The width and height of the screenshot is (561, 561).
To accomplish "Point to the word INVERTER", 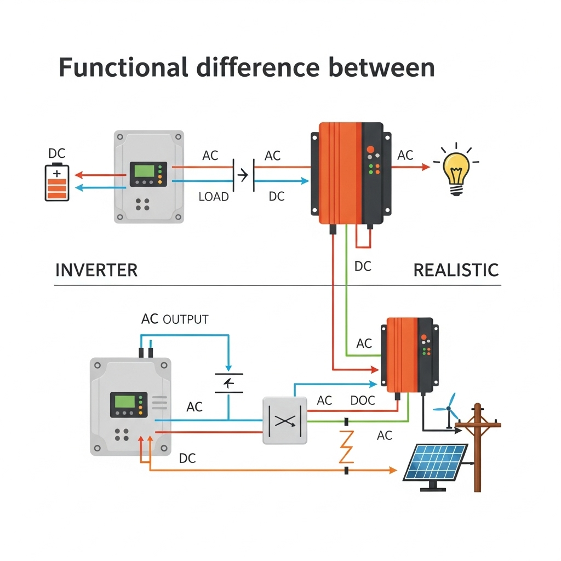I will click(x=96, y=270).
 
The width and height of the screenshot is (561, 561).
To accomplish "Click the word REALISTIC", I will click(x=456, y=270).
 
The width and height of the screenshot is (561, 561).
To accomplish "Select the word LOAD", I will click(x=213, y=197).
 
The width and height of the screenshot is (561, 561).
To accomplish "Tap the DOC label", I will click(x=363, y=400).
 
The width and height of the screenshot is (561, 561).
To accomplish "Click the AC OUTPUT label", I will click(x=175, y=319).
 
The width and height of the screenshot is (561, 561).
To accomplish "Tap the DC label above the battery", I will click(x=57, y=153).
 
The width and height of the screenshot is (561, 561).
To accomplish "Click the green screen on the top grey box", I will click(x=142, y=170).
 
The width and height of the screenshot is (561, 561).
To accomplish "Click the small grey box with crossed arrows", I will click(x=285, y=421).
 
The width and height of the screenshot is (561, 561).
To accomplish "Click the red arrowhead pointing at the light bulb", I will click(x=426, y=167).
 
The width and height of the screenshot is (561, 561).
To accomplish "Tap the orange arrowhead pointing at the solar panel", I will click(x=392, y=470).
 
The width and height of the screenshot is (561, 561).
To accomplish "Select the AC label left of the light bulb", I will click(x=405, y=155).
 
